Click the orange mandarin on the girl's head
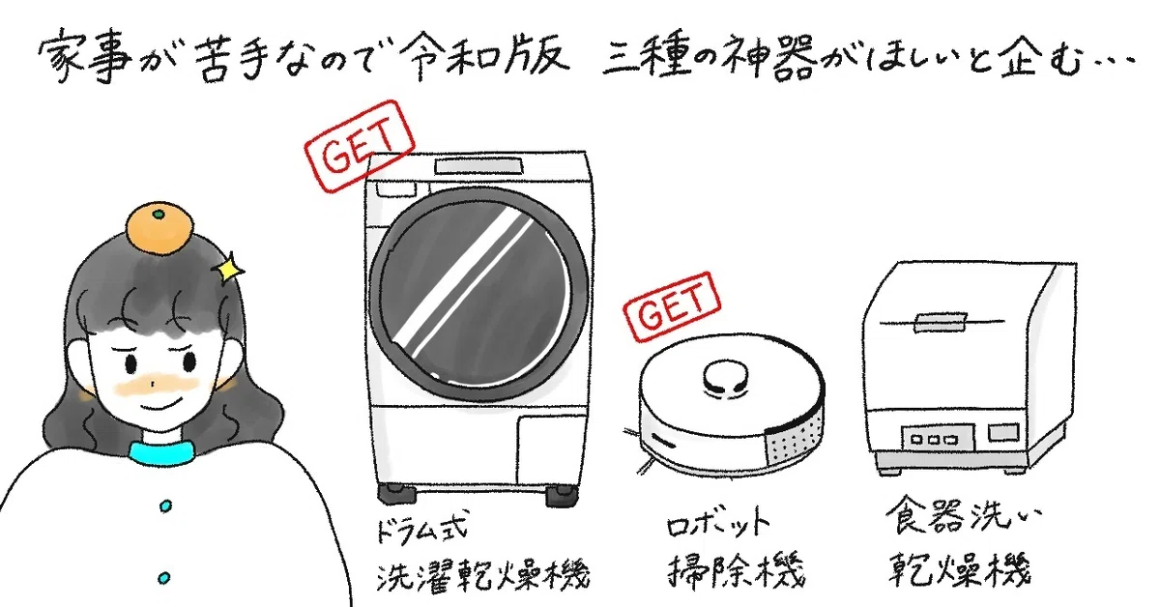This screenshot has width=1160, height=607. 160,229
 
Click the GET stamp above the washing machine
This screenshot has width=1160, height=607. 359,146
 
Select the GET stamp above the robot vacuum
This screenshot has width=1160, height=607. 672,307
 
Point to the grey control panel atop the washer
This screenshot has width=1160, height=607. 478,166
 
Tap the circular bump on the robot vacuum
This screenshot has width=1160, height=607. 726,378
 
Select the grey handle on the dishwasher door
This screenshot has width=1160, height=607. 940,322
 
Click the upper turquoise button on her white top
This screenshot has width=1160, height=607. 165,506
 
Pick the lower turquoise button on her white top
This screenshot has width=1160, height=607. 163,577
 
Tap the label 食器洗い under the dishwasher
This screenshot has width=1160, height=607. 963,515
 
